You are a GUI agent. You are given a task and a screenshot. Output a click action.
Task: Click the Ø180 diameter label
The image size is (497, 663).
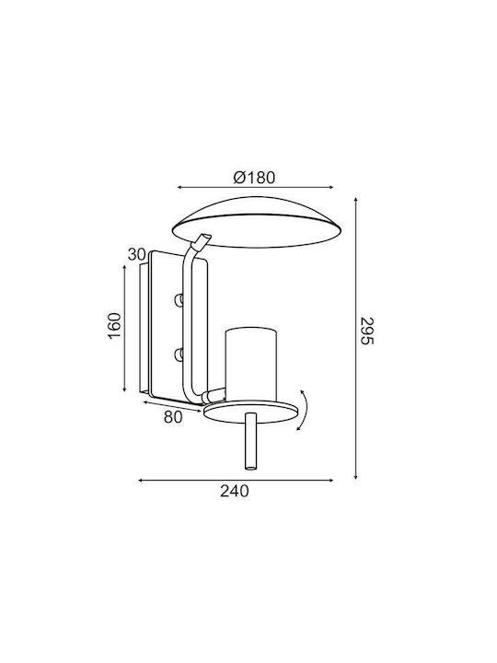pyautogui.click(x=254, y=178)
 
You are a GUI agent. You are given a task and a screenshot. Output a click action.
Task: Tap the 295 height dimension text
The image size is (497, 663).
pyautogui.click(x=367, y=331)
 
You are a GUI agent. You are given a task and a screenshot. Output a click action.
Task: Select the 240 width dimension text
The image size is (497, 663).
pyautogui.click(x=235, y=491)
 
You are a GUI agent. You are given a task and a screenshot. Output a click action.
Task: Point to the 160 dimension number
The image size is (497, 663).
pyautogui.click(x=114, y=325)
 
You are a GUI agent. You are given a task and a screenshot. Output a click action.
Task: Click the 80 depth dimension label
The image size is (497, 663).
pyautogui.click(x=173, y=417)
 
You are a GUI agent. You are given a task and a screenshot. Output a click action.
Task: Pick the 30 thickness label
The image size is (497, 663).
pyautogui.click(x=136, y=254)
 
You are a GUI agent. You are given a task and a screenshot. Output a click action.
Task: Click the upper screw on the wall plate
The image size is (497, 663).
pyautogui.click(x=179, y=300)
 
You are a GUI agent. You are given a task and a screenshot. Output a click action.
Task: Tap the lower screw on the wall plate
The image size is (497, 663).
pyautogui.click(x=179, y=355)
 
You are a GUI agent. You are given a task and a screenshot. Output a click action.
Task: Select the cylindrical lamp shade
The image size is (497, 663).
pyautogui.click(x=251, y=365)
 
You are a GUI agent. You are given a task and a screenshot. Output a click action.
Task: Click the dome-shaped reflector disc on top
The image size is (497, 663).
pyautogui.click(x=257, y=222)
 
